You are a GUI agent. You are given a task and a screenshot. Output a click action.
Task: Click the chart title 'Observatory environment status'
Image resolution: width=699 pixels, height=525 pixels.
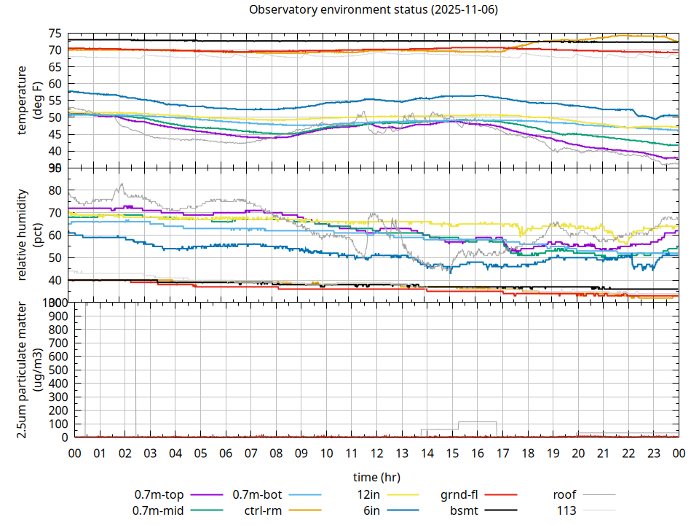point(373,10)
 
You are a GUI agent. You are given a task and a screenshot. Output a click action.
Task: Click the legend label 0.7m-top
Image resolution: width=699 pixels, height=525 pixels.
point(159,495)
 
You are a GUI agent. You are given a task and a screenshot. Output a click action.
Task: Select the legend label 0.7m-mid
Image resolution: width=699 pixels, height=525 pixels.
point(159,510)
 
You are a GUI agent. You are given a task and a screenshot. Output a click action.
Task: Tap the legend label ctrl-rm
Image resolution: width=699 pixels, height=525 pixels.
point(263,510)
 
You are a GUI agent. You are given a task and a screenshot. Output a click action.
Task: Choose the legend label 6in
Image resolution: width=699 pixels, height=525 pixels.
point(371,510)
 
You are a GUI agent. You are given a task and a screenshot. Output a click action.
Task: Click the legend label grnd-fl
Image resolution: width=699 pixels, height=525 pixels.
point(459,495)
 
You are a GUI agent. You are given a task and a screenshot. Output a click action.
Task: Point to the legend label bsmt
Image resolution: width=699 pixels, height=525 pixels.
point(464,510)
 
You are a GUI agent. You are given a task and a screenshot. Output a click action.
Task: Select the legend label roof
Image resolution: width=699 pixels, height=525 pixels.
point(564,495)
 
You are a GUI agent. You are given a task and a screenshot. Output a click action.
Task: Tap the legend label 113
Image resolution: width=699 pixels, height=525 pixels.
point(566,510)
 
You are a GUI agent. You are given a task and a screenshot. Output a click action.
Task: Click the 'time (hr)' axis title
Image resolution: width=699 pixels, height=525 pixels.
point(376,478)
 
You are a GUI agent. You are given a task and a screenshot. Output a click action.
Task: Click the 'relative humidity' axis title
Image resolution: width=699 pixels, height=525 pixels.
point(22,235)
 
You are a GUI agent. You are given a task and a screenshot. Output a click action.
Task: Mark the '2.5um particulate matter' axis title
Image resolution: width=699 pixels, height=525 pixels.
point(22,370)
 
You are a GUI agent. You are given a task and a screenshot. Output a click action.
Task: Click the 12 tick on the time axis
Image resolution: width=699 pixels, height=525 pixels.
point(376,453)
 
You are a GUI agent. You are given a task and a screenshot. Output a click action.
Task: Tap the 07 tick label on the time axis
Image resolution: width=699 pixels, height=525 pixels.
point(250,453)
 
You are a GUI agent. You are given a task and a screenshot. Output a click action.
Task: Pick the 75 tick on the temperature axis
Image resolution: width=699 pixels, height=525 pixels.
point(55,34)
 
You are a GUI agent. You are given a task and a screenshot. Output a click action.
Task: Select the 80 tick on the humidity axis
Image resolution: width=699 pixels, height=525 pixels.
point(55,190)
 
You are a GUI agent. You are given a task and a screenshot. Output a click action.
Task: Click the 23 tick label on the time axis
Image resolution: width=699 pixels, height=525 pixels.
point(653,453)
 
